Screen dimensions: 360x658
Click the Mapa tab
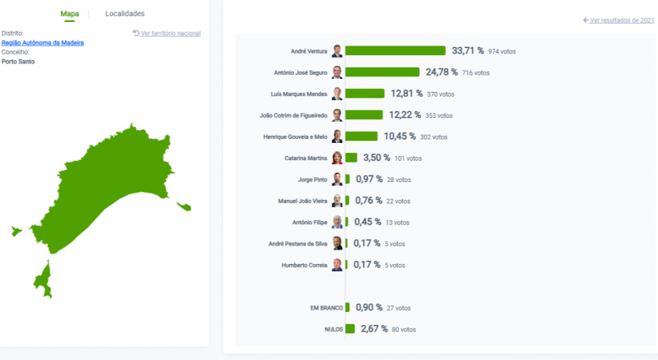(69, 14)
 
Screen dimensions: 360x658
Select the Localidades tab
(124, 14)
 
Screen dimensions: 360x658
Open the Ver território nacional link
(167, 33)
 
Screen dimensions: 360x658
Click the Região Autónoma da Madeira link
(42, 42)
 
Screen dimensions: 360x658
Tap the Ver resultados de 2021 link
(618, 20)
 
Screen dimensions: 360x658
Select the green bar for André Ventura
(396, 50)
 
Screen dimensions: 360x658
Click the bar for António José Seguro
(382, 72)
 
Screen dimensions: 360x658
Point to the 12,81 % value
(406, 93)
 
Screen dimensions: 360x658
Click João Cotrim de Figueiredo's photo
(337, 115)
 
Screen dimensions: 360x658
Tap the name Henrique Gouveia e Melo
(296, 137)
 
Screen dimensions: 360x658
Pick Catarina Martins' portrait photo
(337, 158)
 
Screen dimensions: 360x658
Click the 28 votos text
(401, 179)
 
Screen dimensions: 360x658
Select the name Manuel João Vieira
(302, 201)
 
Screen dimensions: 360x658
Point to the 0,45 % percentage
(368, 222)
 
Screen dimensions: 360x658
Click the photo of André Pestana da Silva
(337, 243)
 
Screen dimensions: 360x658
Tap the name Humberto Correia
(305, 265)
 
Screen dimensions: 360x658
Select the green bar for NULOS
(350, 329)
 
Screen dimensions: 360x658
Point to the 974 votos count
(502, 51)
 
